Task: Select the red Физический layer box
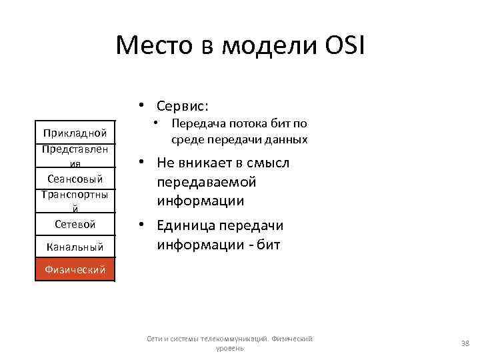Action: point(75,269)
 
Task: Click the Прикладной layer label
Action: point(75,133)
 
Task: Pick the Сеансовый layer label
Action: point(75,179)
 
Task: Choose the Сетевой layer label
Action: point(75,224)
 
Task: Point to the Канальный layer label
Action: point(75,247)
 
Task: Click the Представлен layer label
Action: point(75,149)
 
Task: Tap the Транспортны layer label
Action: point(75,194)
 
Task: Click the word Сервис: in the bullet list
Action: point(183,106)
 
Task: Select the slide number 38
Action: point(465,343)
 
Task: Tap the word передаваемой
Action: point(206,182)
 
